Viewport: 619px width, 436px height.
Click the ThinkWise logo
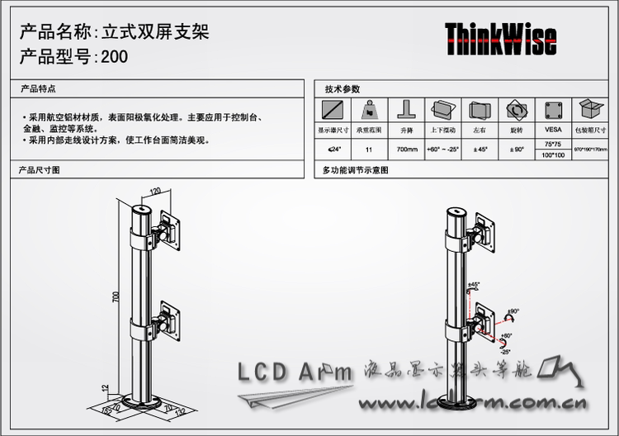(500, 39)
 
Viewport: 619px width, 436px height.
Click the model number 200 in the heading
(116, 57)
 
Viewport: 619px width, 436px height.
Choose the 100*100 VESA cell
(552, 155)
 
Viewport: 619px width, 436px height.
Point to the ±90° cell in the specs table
(517, 149)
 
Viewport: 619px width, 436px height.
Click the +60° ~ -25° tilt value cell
(443, 149)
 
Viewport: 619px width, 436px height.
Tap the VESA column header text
(552, 130)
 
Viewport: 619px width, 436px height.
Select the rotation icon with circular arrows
(517, 110)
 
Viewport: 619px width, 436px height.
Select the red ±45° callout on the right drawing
(474, 285)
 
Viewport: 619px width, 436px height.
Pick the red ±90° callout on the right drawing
(513, 311)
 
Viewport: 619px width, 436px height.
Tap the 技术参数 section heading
(342, 88)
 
